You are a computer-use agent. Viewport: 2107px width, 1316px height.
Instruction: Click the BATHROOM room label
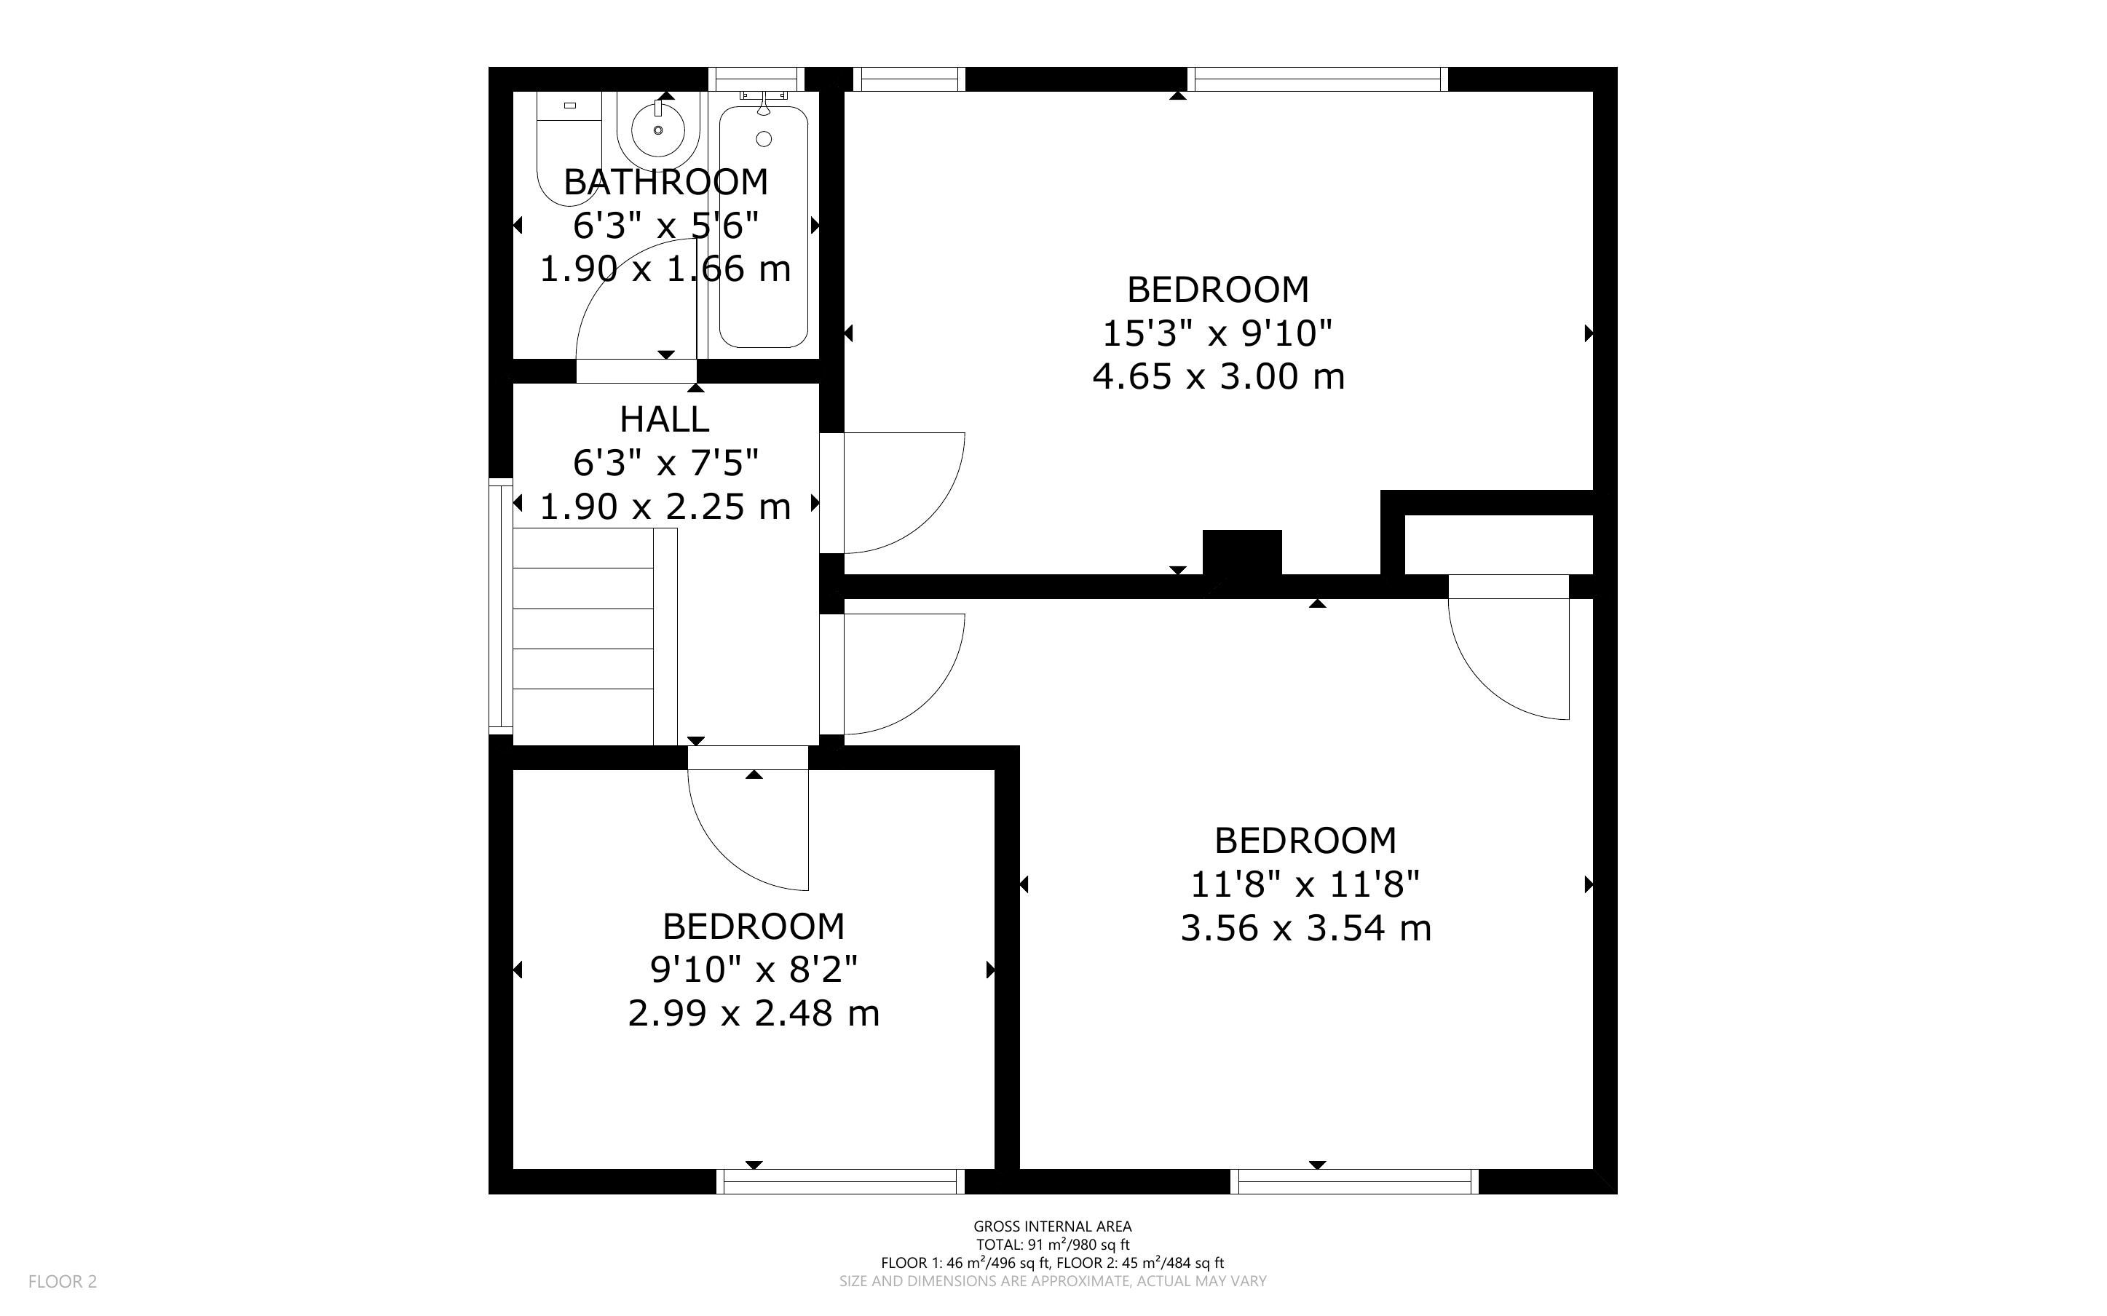point(665,182)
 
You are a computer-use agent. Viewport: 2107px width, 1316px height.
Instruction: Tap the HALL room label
point(665,419)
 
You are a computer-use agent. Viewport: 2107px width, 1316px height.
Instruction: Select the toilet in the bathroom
point(567,148)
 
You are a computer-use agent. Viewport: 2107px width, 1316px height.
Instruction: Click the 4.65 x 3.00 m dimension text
point(1219,377)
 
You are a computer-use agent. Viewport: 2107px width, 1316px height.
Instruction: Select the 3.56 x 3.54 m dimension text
point(1305,928)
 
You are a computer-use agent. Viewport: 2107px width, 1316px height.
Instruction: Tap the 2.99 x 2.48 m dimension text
point(754,1013)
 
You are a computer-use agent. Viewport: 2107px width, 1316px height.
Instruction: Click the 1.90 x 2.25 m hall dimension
point(665,507)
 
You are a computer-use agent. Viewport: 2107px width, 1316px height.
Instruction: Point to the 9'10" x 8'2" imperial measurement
point(754,968)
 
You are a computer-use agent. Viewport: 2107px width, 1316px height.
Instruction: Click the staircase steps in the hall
point(583,636)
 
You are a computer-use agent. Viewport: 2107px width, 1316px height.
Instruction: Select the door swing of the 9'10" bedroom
point(748,831)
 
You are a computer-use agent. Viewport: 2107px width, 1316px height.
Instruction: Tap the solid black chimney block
point(1242,552)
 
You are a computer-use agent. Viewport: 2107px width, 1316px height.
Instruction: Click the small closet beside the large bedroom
point(1498,544)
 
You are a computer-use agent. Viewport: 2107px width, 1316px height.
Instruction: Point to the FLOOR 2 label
point(63,1281)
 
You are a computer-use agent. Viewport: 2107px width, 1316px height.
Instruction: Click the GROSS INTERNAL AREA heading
point(1052,1227)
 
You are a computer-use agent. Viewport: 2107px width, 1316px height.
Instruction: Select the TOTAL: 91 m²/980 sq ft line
point(1052,1245)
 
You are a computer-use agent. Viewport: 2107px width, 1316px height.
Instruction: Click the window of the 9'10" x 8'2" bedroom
point(841,1181)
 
